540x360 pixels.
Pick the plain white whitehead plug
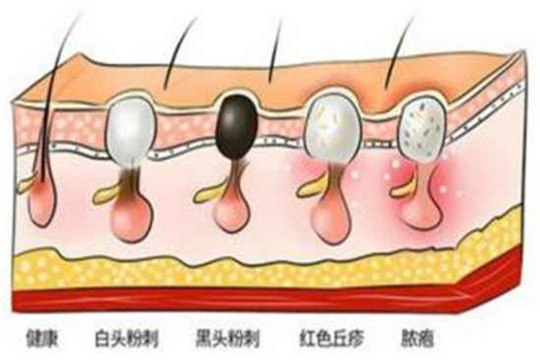click(130, 128)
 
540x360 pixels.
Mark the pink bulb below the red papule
click(328, 211)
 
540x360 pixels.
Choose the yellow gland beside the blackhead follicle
click(209, 190)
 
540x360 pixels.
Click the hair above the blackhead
click(275, 54)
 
